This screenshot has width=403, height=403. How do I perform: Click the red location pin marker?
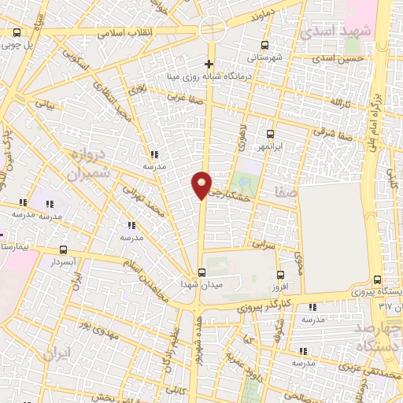click(201, 185)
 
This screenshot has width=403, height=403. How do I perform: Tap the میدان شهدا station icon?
click(201, 272)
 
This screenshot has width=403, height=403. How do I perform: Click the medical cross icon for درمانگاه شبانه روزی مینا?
click(209, 64)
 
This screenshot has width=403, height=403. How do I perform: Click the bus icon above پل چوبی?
click(17, 33)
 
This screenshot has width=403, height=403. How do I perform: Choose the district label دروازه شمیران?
click(87, 162)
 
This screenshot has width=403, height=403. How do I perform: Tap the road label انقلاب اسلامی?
click(127, 34)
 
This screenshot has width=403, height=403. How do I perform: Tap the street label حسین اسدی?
click(338, 59)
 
